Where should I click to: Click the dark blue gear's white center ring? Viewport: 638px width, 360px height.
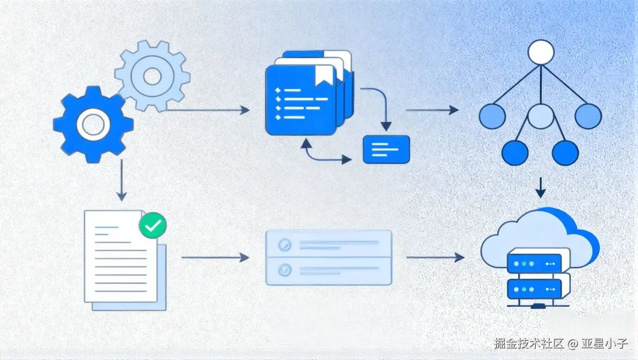93,124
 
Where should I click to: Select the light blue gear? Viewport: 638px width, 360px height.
152,76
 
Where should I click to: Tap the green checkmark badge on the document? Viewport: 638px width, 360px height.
152,225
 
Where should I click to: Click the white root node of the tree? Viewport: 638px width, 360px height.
541,52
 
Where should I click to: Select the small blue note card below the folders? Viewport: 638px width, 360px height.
386,150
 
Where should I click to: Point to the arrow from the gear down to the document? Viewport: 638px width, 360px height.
122,180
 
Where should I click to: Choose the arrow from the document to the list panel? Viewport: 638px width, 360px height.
215,257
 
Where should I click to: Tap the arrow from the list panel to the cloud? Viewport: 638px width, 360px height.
435,257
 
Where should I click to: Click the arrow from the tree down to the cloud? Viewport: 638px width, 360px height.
541,187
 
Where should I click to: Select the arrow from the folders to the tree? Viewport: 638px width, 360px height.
432,110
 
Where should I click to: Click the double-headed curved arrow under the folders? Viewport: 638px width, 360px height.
324,155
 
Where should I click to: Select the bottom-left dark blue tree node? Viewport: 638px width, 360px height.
515,152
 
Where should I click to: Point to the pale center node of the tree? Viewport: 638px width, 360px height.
541,116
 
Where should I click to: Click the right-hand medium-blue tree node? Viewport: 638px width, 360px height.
588,116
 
